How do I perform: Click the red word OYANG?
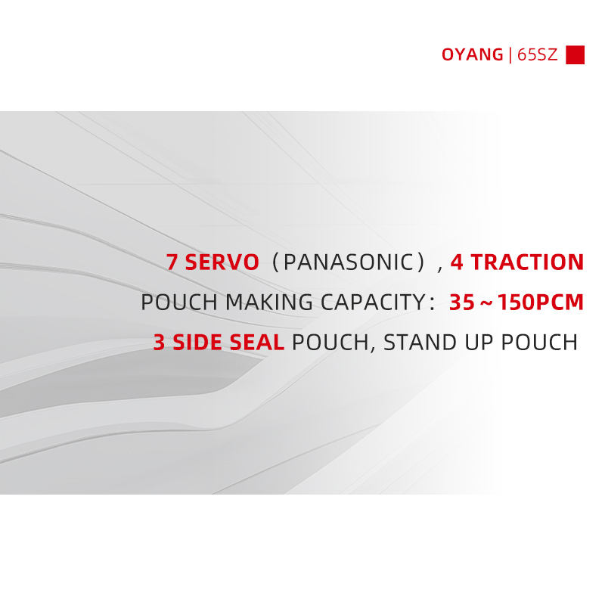(472, 54)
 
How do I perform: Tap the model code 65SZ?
(538, 54)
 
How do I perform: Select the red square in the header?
(575, 54)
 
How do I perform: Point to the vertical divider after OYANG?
(510, 54)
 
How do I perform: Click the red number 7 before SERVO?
(172, 262)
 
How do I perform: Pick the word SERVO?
(222, 262)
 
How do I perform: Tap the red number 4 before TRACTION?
(457, 262)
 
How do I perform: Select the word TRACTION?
(527, 262)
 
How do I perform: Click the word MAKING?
(268, 302)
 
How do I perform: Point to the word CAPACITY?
(373, 302)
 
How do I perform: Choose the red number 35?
(462, 302)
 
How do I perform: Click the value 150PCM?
(541, 302)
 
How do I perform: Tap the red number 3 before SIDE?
(159, 343)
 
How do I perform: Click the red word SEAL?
(256, 343)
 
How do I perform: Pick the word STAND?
(420, 343)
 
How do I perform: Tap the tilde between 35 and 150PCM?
(486, 303)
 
